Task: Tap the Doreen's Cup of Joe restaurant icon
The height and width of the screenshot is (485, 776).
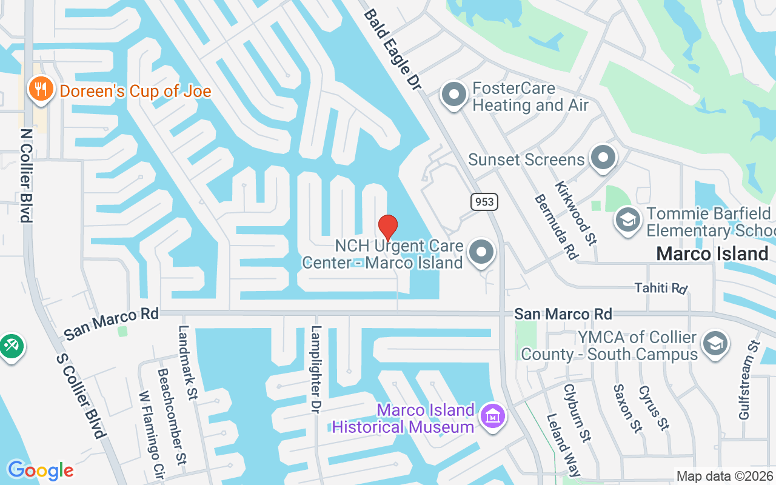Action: point(40,90)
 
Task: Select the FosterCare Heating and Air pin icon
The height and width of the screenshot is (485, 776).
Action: point(453,95)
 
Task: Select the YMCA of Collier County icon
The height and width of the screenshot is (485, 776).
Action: point(715,344)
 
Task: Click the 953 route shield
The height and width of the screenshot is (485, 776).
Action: point(484,202)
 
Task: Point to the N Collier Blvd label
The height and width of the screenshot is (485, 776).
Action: point(26,175)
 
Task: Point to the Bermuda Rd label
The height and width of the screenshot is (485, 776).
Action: point(555,227)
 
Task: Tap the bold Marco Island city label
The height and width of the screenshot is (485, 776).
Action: point(712,253)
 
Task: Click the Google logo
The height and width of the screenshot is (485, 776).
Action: point(41,470)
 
